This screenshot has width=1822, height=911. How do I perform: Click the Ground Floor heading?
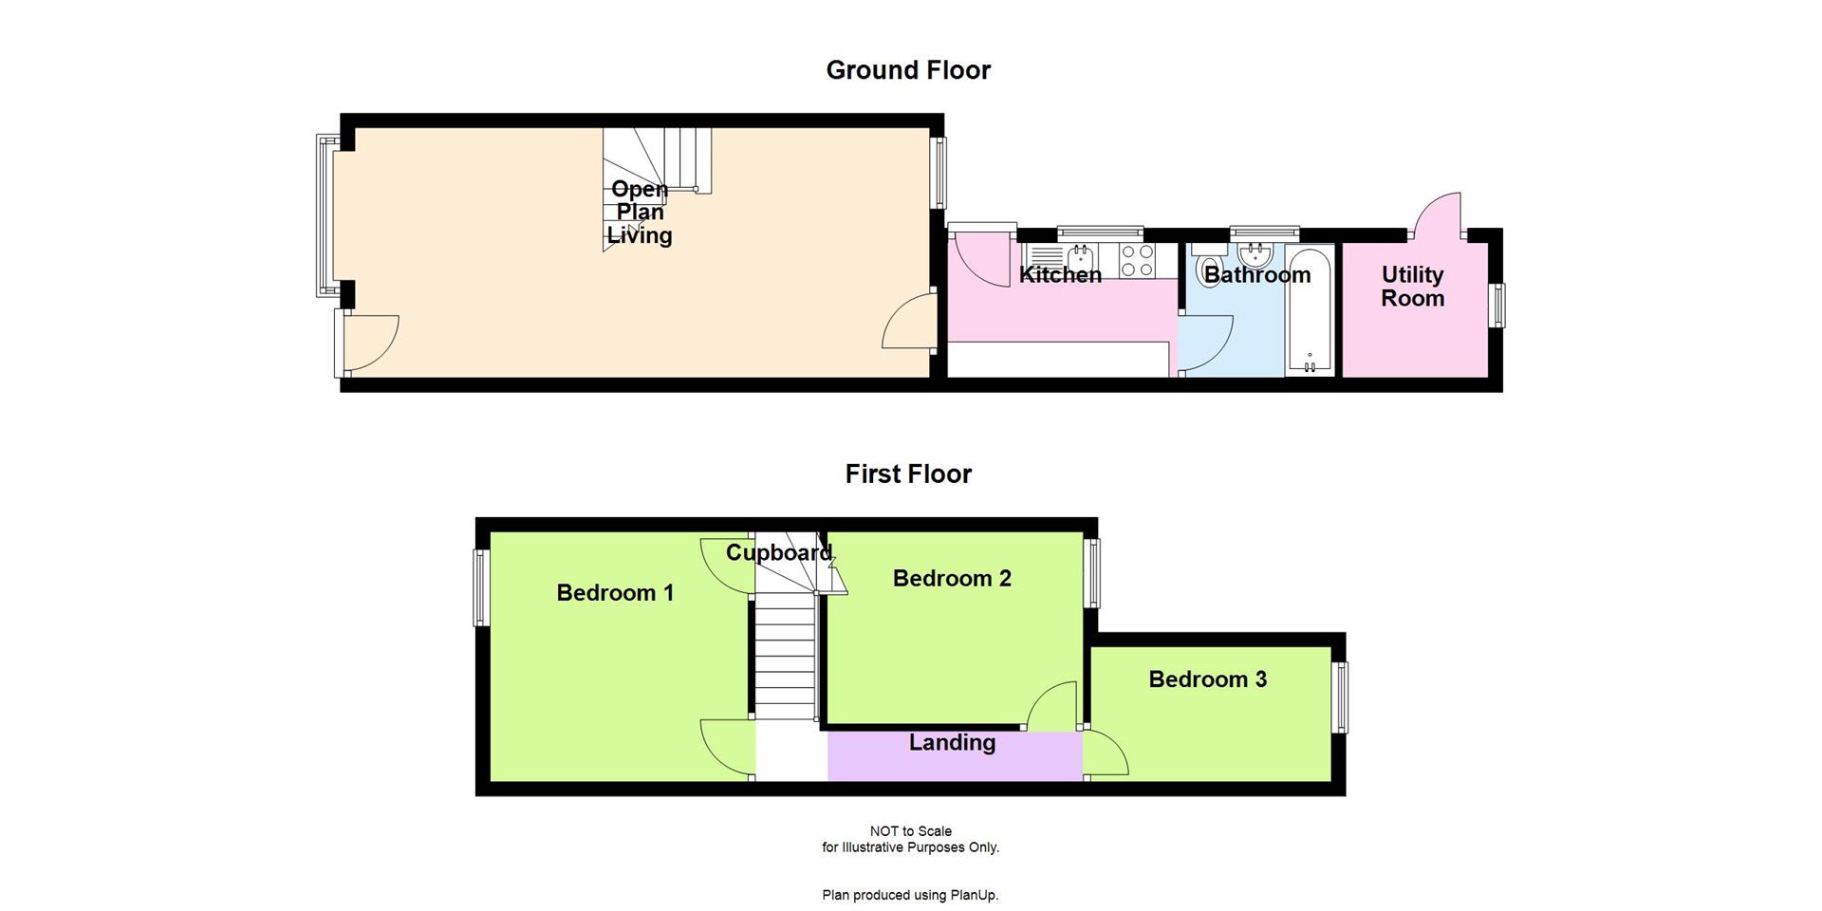pyautogui.click(x=908, y=70)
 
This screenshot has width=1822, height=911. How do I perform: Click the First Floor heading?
pyautogui.click(x=908, y=474)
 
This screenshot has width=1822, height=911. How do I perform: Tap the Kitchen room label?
pyautogui.click(x=1060, y=275)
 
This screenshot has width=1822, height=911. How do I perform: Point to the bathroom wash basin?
pyautogui.click(x=1255, y=253)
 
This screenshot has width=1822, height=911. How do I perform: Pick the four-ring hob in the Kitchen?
pyautogui.click(x=1137, y=261)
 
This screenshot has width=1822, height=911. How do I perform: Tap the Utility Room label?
pyautogui.click(x=1412, y=286)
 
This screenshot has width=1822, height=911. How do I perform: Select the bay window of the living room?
pyautogui.click(x=325, y=214)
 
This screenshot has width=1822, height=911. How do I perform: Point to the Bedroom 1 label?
pyautogui.click(x=615, y=593)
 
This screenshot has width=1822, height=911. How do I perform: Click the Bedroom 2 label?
pyautogui.click(x=952, y=578)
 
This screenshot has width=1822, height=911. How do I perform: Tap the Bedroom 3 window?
pyautogui.click(x=1342, y=697)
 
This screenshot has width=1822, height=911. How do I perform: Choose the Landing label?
pyautogui.click(x=952, y=743)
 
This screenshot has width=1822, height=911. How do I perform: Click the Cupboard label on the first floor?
pyautogui.click(x=778, y=552)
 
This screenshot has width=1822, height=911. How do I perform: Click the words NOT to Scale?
pyautogui.click(x=910, y=831)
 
